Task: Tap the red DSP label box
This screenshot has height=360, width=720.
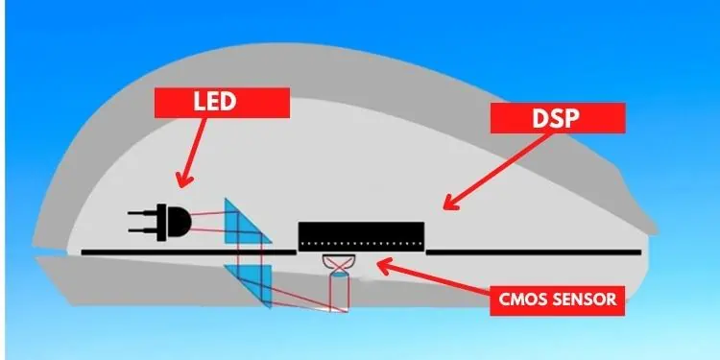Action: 558,117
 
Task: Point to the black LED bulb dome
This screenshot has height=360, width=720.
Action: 178,223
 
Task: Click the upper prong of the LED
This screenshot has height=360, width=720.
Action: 144,214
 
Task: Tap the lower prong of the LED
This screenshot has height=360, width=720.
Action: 144,229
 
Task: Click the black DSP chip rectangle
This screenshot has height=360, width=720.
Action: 361,234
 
